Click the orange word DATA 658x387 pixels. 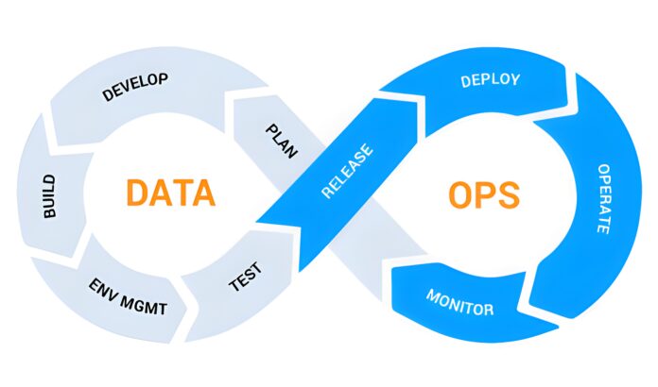point(171,193)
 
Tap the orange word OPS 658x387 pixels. point(483,194)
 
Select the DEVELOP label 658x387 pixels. point(134,87)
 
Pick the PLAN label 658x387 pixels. point(280,139)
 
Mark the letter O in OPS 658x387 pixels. point(457,194)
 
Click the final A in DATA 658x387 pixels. point(203,193)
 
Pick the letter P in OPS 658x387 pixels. point(484,194)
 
